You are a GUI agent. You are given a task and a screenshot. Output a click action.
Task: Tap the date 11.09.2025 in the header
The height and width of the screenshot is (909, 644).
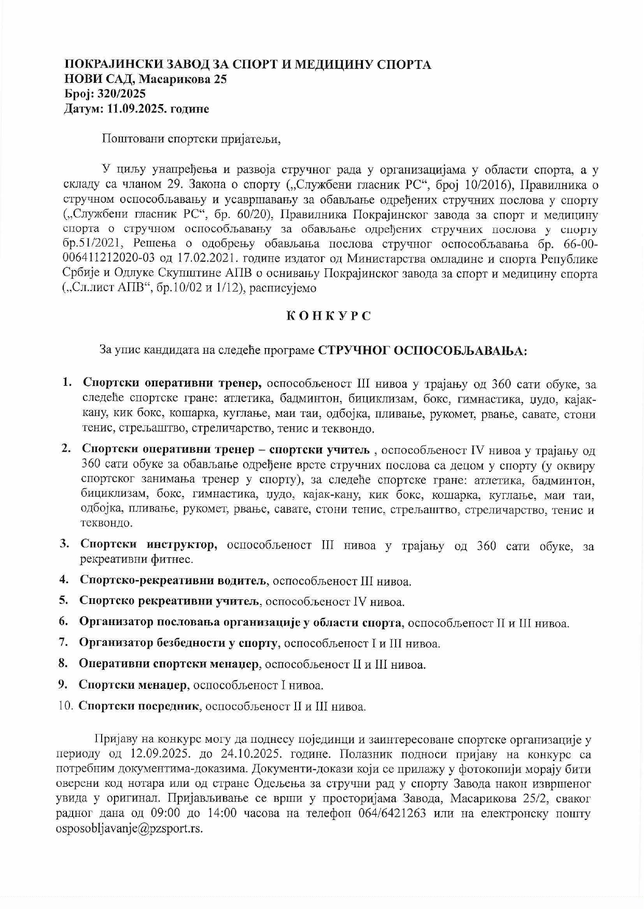(135, 109)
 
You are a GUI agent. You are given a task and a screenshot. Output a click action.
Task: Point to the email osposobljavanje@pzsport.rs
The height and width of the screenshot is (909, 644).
(129, 828)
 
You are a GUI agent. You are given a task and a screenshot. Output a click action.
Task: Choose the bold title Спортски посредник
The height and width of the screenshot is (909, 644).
(139, 705)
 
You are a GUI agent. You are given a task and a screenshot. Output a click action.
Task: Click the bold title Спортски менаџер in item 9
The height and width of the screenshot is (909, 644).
(132, 685)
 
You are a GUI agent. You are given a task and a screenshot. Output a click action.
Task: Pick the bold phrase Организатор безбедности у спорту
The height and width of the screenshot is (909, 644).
(179, 643)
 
